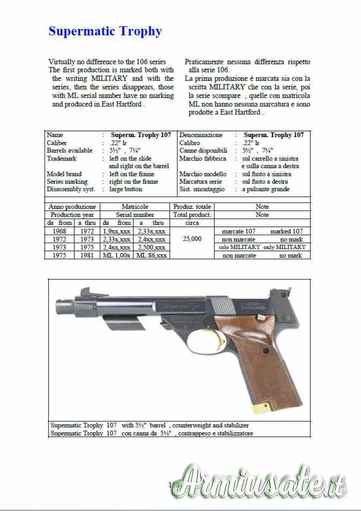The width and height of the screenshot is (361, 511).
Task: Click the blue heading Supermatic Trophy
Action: (105, 32)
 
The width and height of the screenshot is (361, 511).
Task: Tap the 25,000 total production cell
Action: (192, 239)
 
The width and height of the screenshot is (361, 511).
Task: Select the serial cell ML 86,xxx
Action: (151, 255)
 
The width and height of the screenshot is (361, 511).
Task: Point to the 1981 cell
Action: (86, 255)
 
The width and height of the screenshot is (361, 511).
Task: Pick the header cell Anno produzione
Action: (72, 207)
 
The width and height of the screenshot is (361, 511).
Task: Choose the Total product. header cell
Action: (192, 215)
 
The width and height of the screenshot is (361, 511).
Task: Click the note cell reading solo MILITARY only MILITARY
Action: (262, 247)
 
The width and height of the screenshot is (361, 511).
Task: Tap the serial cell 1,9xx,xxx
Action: (116, 231)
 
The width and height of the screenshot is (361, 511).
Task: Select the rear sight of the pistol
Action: (283, 296)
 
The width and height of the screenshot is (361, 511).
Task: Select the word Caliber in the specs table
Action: (57, 143)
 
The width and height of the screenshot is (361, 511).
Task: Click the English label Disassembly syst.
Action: (71, 189)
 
